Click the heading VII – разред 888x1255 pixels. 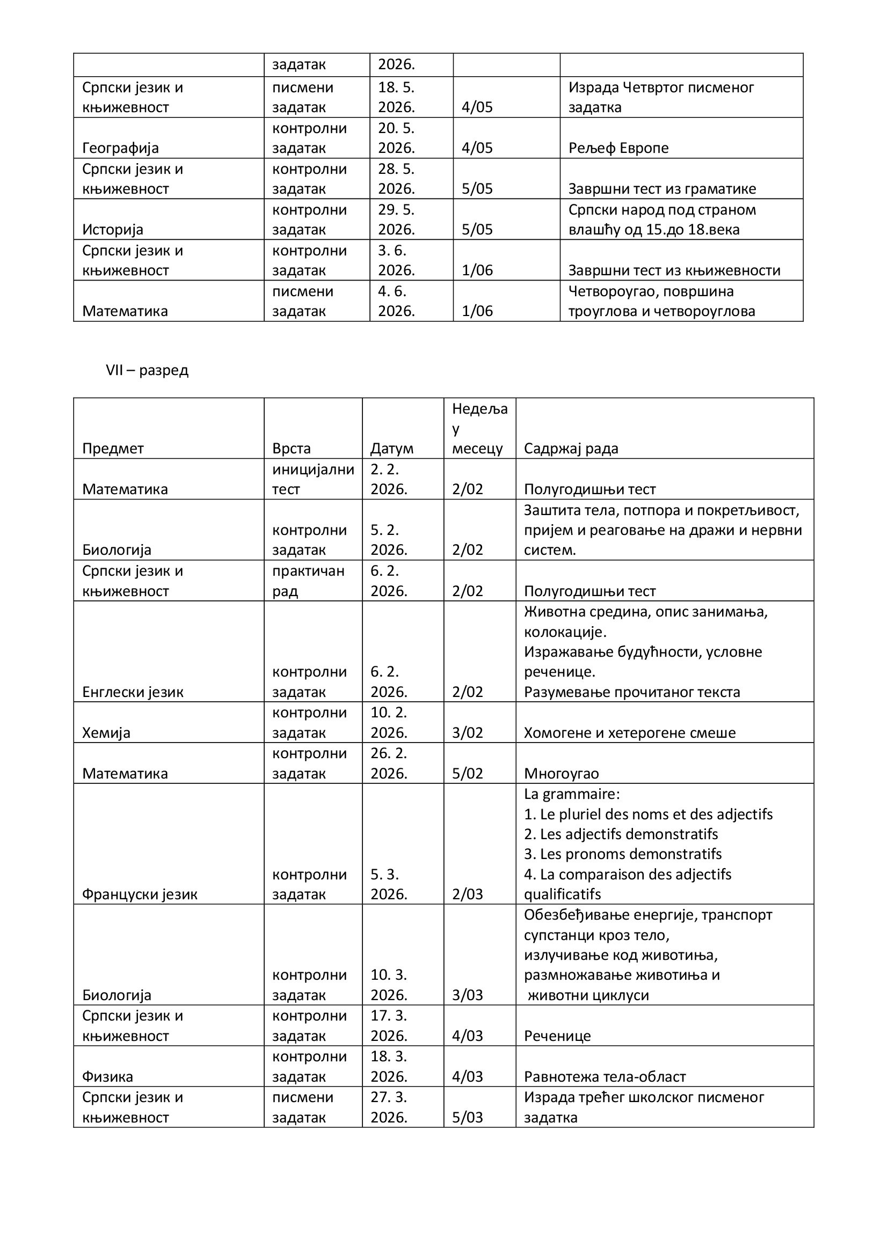[x=147, y=370]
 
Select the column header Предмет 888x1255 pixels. [x=113, y=448]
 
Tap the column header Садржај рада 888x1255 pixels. [x=570, y=448]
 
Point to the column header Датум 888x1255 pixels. [x=391, y=448]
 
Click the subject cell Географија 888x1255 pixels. [x=120, y=148]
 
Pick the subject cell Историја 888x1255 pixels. [x=113, y=229]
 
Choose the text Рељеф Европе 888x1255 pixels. [x=618, y=148]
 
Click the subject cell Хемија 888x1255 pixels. [x=106, y=732]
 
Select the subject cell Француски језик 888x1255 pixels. [x=140, y=894]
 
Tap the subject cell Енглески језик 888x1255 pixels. [x=132, y=692]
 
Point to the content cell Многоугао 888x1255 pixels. [x=561, y=774]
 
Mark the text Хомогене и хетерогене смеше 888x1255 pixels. [x=629, y=732]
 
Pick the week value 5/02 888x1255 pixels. [x=468, y=774]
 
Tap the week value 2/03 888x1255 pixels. [x=468, y=894]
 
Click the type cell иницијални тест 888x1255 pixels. [x=313, y=479]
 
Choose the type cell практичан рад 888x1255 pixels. [x=308, y=581]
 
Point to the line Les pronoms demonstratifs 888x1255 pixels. [x=623, y=854]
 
